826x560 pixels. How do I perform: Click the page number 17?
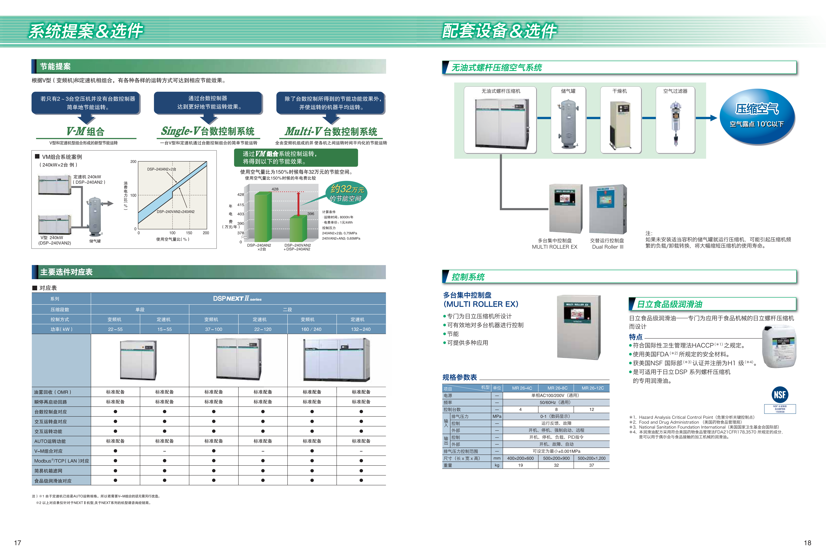(x=17, y=543)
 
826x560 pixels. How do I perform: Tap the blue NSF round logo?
(x=780, y=394)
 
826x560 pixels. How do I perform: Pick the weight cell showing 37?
(x=591, y=465)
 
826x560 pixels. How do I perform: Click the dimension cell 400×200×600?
(x=520, y=458)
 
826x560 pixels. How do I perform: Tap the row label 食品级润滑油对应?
(x=53, y=481)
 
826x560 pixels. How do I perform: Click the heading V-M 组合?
(x=86, y=131)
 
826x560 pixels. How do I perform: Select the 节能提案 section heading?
(x=55, y=66)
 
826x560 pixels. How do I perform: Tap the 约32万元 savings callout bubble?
(x=346, y=193)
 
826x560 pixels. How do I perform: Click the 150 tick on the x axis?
(x=189, y=233)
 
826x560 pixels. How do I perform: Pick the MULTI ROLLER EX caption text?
(x=554, y=247)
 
